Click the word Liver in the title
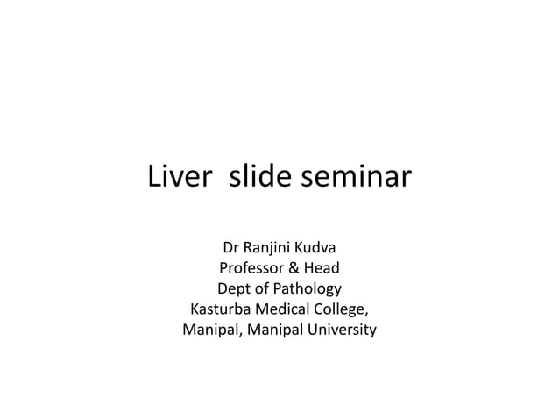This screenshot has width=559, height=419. [179, 177]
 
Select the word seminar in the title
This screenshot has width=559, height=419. [356, 177]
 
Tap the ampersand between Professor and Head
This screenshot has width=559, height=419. [298, 267]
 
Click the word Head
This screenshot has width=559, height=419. [322, 267]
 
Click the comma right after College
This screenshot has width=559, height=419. [366, 314]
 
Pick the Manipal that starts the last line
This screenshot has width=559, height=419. [210, 331]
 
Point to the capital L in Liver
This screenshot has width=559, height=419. [156, 177]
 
